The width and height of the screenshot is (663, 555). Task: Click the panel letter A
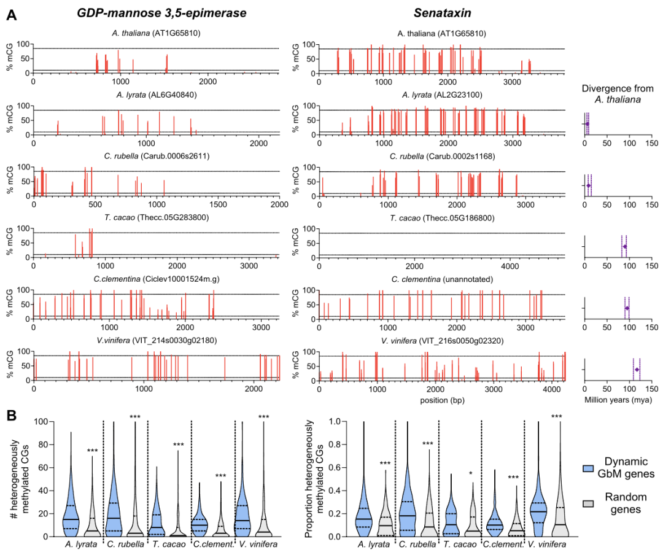click(11, 15)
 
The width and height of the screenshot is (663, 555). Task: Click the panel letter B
click(11, 415)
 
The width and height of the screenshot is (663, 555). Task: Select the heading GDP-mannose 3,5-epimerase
click(161, 13)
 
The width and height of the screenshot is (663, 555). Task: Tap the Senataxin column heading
click(441, 13)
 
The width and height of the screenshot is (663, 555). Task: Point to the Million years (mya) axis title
click(618, 399)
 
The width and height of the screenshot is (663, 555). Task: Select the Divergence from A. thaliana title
click(618, 93)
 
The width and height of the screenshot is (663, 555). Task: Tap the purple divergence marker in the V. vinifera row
click(637, 370)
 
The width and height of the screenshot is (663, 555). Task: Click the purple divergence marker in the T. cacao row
click(625, 247)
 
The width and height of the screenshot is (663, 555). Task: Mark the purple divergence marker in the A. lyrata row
click(587, 124)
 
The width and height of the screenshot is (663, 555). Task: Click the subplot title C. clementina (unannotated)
click(441, 279)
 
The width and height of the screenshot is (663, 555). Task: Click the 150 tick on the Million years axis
click(651, 389)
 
